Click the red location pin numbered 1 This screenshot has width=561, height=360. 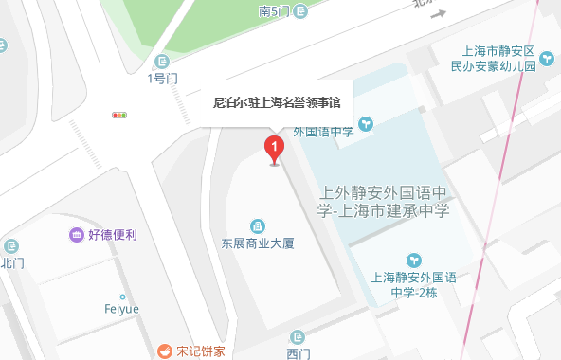click(x=274, y=149)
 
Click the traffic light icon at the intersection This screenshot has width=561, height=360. click(x=119, y=116)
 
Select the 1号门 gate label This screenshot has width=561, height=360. click(x=163, y=79)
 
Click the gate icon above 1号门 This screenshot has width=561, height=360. click(x=163, y=62)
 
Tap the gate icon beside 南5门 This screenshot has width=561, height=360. click(x=300, y=11)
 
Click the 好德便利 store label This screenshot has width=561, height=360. click(x=112, y=234)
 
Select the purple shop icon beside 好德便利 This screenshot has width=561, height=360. click(x=76, y=234)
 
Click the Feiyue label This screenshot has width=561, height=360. click(x=121, y=307)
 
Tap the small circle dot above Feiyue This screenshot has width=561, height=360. click(x=122, y=296)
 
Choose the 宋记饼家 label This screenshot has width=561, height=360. click(x=201, y=351)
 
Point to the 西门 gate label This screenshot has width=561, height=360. click(x=298, y=353)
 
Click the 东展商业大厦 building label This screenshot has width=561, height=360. click(x=259, y=243)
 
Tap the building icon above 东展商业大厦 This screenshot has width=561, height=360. click(x=257, y=225)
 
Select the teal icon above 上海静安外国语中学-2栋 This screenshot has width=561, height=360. click(x=413, y=261)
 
